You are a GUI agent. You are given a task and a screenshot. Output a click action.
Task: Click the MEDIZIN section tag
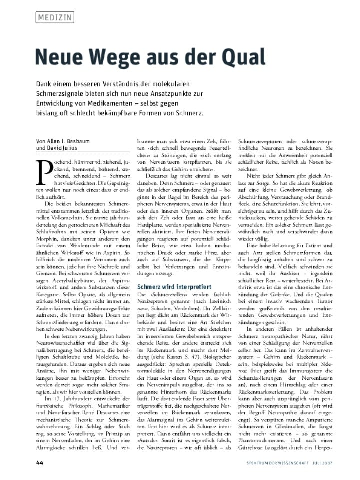(55, 18)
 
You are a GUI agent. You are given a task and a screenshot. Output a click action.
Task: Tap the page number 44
(40, 462)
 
